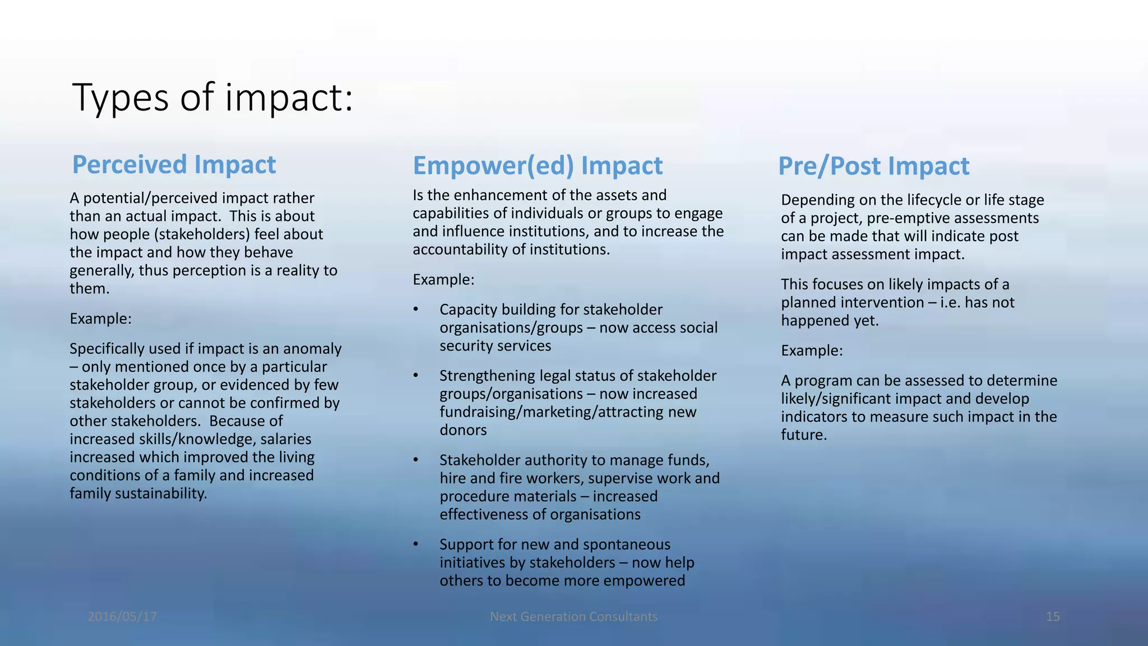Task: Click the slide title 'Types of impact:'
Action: (x=212, y=98)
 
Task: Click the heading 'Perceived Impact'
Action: (x=174, y=165)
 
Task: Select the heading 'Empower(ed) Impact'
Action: (x=538, y=166)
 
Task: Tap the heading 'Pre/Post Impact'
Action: (x=873, y=167)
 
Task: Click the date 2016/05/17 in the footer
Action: (x=122, y=617)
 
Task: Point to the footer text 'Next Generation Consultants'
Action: (x=573, y=617)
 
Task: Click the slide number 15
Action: (x=1052, y=617)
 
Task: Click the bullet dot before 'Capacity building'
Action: (x=416, y=310)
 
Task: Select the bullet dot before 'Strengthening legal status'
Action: (x=416, y=376)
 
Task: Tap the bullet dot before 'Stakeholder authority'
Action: (x=416, y=460)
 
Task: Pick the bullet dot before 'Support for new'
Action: (x=416, y=545)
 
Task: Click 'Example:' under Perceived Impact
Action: (x=100, y=319)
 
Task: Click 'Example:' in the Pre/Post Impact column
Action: (x=812, y=351)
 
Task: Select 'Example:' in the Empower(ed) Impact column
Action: (x=443, y=280)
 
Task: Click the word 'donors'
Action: (x=463, y=430)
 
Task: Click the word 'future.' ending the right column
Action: (x=804, y=435)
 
